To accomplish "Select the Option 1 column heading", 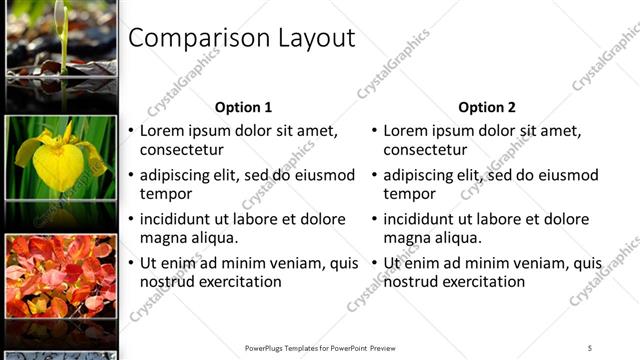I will click(x=243, y=107).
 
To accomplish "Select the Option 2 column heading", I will click(x=487, y=107).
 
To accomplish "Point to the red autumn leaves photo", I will click(x=59, y=276).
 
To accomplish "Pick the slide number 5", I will click(x=590, y=348).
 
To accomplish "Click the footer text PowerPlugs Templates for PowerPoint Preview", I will click(x=320, y=348).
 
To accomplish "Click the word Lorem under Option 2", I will click(x=407, y=131).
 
